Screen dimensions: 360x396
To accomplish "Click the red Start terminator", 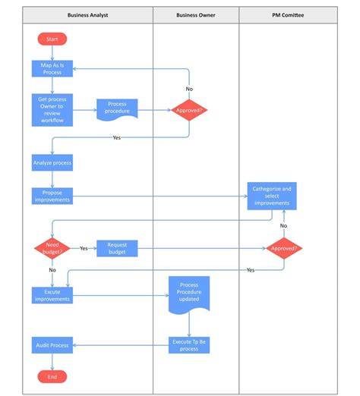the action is pyautogui.click(x=52, y=39).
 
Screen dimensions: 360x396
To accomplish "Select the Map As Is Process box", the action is pyautogui.click(x=52, y=68).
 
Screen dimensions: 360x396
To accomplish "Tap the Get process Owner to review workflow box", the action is pyautogui.click(x=52, y=110).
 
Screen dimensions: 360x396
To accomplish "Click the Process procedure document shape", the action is pyautogui.click(x=117, y=110).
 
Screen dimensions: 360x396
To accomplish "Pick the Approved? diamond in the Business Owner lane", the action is pyautogui.click(x=189, y=110).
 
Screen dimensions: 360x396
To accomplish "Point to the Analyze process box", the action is pyautogui.click(x=52, y=162).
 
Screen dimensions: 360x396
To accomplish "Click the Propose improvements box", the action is pyautogui.click(x=52, y=196).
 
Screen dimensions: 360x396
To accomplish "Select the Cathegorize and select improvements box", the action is pyautogui.click(x=272, y=196).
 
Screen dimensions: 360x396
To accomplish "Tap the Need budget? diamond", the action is pyautogui.click(x=52, y=248).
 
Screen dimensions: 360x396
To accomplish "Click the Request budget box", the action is pyautogui.click(x=117, y=248).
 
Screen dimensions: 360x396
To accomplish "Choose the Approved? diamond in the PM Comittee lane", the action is pyautogui.click(x=284, y=248).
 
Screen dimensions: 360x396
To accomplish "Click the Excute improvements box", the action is pyautogui.click(x=52, y=295).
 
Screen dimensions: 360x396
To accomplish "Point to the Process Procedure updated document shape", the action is pyautogui.click(x=189, y=294).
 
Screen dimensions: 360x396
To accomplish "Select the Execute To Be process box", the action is pyautogui.click(x=189, y=345).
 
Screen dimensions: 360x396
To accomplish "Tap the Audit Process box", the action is pyautogui.click(x=52, y=345).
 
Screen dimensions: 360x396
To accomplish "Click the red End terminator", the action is pyautogui.click(x=52, y=377).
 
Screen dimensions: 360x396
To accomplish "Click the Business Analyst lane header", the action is pyautogui.click(x=87, y=15).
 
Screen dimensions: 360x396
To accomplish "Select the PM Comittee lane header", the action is pyautogui.click(x=288, y=15).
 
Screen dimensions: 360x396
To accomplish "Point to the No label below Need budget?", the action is pyautogui.click(x=52, y=270).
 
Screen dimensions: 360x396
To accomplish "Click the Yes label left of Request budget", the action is pyautogui.click(x=84, y=248).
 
